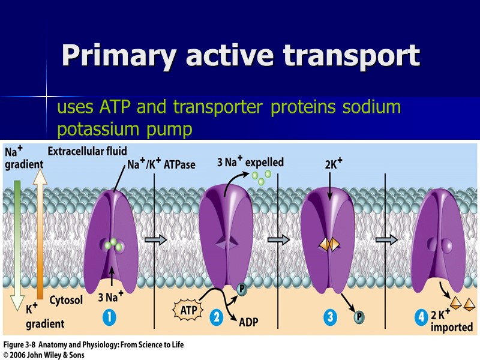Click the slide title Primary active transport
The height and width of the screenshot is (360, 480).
point(240,56)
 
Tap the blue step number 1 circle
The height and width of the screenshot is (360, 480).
point(109,317)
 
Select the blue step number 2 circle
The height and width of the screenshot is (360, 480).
point(217,317)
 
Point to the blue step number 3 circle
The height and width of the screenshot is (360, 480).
point(329,317)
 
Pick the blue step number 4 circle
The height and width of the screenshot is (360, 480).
point(422,317)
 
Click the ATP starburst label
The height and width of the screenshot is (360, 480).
point(188,310)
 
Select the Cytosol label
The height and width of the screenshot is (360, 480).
point(65,301)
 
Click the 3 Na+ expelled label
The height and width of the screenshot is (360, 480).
point(251,162)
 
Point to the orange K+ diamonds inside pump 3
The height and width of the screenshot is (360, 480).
point(329,244)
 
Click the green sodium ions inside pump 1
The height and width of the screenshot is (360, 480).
point(112,245)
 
